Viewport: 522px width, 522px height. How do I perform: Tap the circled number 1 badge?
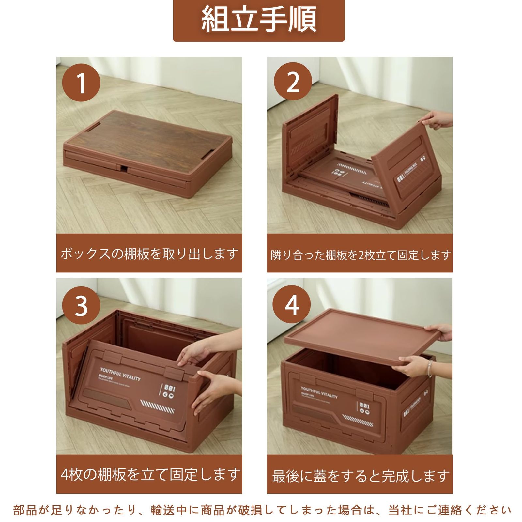click(x=81, y=83)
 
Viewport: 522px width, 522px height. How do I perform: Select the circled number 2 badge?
click(x=293, y=82)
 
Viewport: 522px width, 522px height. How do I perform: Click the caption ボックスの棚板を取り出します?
click(x=149, y=253)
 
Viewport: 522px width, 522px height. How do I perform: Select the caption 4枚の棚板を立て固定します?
click(x=150, y=474)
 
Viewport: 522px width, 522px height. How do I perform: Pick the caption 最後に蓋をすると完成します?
click(x=361, y=476)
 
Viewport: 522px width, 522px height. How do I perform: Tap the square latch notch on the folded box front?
click(x=124, y=169)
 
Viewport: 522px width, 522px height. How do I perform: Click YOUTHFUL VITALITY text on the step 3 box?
click(x=120, y=374)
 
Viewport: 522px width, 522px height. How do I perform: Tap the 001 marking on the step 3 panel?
click(x=169, y=388)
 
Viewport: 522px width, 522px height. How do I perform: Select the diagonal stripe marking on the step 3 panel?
click(x=157, y=407)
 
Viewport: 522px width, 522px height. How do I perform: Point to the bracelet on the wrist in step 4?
click(x=430, y=368)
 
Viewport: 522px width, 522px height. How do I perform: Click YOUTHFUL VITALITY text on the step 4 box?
click(x=319, y=392)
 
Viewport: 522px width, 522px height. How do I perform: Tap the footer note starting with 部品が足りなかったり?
click(x=261, y=510)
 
